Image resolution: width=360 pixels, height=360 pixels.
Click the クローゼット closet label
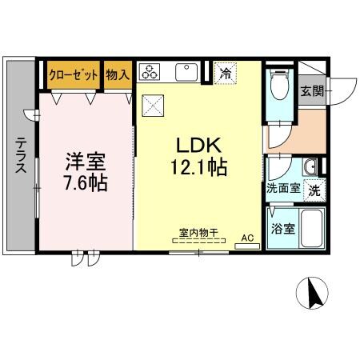(74, 74)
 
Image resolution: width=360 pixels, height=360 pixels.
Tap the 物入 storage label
(117, 74)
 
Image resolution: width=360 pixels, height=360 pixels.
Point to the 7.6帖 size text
(86, 182)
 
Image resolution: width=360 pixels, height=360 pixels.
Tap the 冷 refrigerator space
(226, 74)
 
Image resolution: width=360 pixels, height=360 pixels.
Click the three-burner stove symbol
(150, 73)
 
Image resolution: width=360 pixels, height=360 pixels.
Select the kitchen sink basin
(186, 73)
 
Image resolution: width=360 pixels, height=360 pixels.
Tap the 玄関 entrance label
(312, 90)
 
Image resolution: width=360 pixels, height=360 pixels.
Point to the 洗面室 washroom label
(283, 190)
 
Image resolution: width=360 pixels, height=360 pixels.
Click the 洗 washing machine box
(315, 190)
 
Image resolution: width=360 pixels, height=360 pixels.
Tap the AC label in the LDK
(246, 238)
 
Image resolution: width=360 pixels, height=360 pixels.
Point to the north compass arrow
(315, 294)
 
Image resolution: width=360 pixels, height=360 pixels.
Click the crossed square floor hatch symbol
(152, 104)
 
